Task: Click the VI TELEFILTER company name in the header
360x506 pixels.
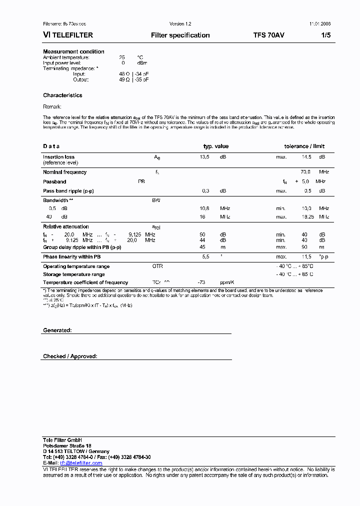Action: [68, 35]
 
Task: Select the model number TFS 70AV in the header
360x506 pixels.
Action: [269, 35]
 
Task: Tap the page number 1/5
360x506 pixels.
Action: [325, 35]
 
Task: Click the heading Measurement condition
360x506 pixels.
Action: [73, 51]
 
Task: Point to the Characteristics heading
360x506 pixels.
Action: [62, 95]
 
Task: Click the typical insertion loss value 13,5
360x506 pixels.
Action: [204, 157]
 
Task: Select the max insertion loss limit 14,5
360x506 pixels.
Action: [306, 157]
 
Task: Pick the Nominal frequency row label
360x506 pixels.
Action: [64, 172]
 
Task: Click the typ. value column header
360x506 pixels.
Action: [215, 146]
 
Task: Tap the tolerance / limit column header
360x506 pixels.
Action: [304, 146]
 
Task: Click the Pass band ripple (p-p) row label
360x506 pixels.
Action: [68, 191]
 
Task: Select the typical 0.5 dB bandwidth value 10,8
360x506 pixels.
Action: [204, 208]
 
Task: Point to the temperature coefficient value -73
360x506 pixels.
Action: [202, 282]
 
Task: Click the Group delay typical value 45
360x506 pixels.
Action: [202, 246]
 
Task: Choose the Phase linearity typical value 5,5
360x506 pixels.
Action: [205, 256]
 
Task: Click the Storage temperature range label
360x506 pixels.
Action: [74, 274]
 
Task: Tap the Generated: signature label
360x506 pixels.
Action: [57, 330]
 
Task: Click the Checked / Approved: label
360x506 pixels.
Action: [70, 356]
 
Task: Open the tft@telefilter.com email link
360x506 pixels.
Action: [80, 463]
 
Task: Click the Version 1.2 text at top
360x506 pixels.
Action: [180, 24]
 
